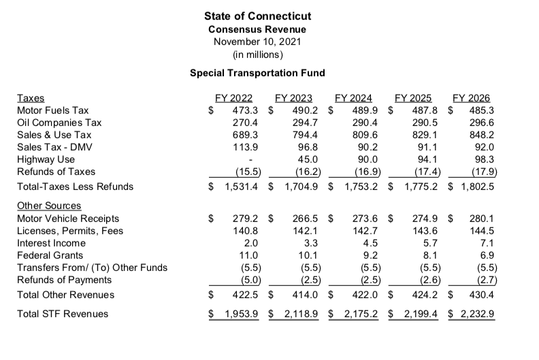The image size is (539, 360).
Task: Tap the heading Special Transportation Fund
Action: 257,73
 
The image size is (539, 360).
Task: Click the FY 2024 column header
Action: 356,98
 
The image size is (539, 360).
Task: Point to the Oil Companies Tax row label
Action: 59,122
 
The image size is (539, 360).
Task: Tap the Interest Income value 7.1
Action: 485,243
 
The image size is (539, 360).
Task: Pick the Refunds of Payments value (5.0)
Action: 246,280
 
